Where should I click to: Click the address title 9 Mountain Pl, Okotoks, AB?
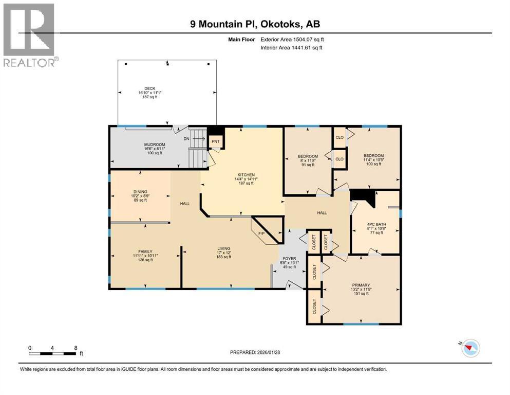pos(255,24)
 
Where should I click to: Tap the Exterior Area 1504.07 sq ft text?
pos(292,40)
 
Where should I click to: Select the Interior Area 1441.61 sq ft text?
pos(291,47)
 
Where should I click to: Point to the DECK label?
pos(150,88)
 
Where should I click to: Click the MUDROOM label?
pos(155,144)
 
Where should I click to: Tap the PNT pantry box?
pos(216,141)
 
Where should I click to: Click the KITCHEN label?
pos(246,175)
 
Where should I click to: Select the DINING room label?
pos(140,192)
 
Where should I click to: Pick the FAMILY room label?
pos(145,252)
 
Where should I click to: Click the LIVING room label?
pos(224,248)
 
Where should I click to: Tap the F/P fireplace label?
pos(261,234)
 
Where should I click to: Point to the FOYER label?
pos(289,259)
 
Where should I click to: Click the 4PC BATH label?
pos(376,224)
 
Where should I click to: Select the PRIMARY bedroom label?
pos(361,285)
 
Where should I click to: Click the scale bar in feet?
pos(52,353)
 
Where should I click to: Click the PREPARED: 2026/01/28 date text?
pos(255,352)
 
